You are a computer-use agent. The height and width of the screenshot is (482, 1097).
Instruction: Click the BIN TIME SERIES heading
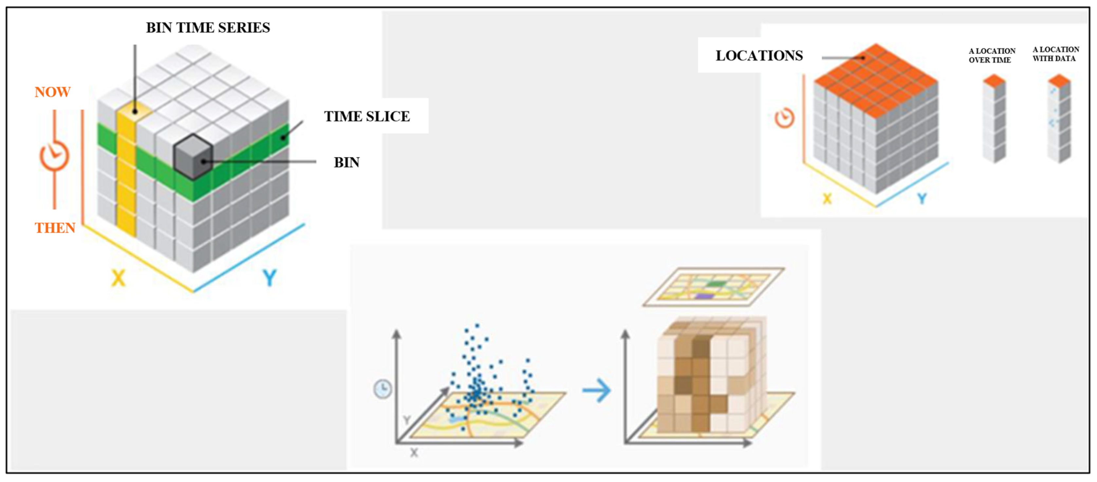pos(208,28)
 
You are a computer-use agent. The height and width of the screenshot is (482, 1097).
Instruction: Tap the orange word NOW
pos(52,92)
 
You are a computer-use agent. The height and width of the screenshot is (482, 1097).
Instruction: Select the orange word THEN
pos(55,228)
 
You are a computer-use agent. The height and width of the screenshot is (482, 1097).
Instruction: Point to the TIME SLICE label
pos(367,116)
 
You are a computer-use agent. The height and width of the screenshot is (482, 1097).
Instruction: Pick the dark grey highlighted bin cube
pos(193,156)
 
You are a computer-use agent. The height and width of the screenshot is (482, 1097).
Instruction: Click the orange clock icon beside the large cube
pos(54,156)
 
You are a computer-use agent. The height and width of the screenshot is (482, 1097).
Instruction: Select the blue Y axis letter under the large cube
pos(270,278)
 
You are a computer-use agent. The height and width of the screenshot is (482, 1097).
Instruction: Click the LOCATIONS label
pos(759,56)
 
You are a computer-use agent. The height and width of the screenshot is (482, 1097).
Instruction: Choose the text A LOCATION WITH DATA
pos(1055,54)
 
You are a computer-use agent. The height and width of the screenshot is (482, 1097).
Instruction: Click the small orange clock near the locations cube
pos(784,118)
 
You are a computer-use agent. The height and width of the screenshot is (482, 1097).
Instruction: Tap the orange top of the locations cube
pos(876,79)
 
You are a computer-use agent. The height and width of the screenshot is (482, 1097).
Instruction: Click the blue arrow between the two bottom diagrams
pos(597,390)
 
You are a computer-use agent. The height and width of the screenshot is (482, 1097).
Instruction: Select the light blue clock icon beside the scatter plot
pos(382,389)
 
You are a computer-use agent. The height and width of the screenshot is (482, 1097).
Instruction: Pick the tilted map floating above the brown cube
pos(713,286)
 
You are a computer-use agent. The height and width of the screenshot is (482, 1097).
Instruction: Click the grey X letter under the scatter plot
pos(414,453)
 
